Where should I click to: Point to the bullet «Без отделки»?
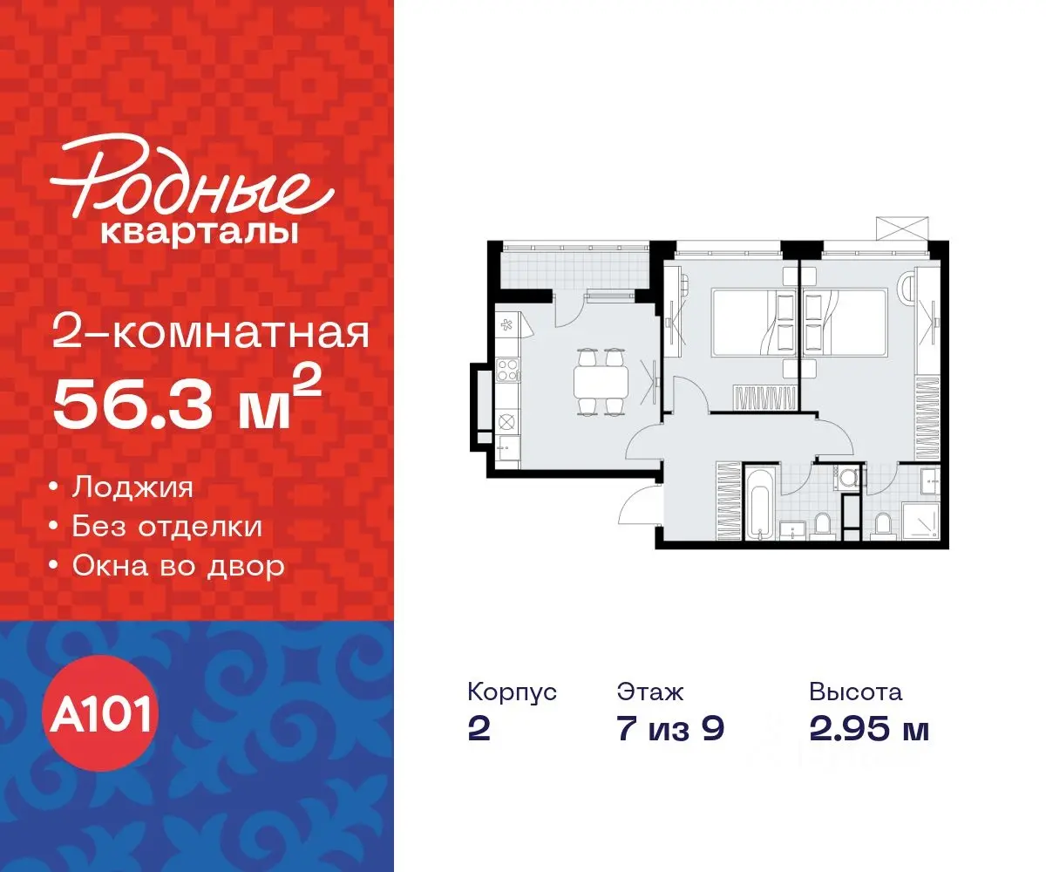[166, 527]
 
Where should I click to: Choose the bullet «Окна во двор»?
[178, 567]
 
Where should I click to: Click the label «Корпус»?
[512, 692]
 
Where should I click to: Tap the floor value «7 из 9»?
[670, 729]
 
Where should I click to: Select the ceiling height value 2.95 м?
[868, 729]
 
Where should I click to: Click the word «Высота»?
[855, 692]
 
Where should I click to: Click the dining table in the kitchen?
[601, 381]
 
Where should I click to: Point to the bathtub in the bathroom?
[758, 504]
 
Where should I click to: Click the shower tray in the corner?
[920, 519]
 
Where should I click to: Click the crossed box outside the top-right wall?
[901, 228]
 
